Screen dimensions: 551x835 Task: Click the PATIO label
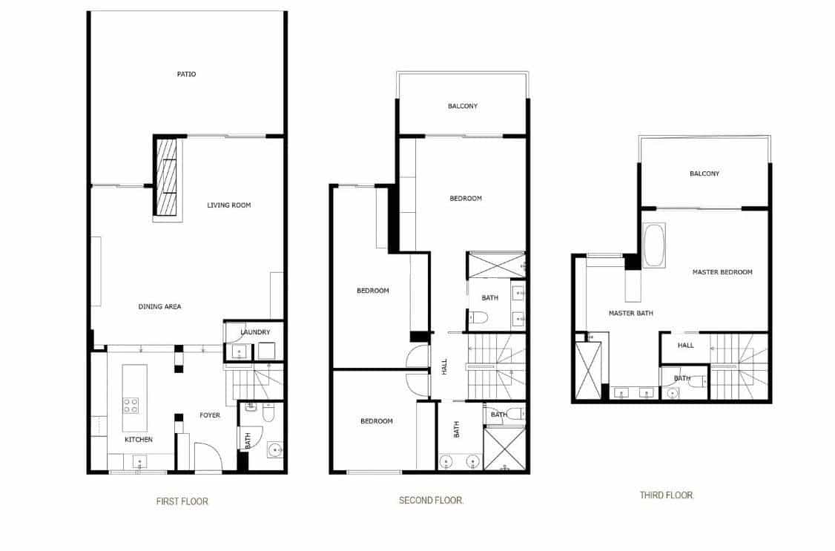pos(186,74)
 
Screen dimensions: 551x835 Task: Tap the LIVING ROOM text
pos(228,205)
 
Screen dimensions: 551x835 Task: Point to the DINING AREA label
pos(159,306)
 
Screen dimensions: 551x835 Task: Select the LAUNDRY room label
pos(255,332)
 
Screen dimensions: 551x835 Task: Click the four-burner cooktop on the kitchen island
pos(131,405)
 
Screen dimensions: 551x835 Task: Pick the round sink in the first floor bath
pos(274,450)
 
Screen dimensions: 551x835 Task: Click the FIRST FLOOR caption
pos(182,501)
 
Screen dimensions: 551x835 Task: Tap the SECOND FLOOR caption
pos(431,501)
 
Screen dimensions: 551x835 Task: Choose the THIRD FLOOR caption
pos(667,495)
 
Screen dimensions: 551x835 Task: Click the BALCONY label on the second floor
pos(463,106)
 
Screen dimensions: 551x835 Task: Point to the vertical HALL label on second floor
pos(445,366)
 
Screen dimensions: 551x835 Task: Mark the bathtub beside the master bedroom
pos(654,245)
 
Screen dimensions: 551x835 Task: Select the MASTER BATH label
pos(630,313)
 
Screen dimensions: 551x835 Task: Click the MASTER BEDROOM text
pos(722,272)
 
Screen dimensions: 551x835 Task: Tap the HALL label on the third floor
pos(686,346)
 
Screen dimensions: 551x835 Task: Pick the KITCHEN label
pos(139,440)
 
